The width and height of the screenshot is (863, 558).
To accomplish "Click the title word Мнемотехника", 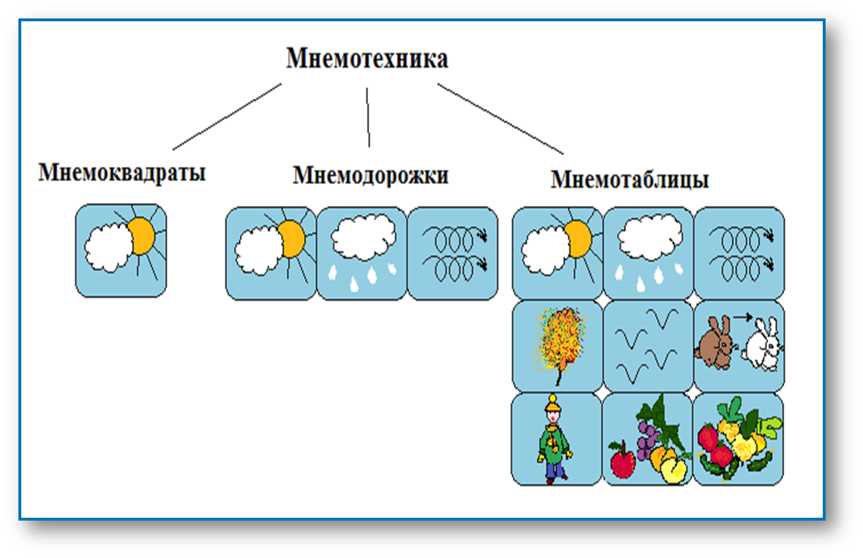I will pyautogui.click(x=367, y=59).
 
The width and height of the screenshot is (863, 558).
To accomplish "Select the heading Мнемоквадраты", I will pyautogui.click(x=122, y=172).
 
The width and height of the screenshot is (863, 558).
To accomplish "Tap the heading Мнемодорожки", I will pyautogui.click(x=370, y=175).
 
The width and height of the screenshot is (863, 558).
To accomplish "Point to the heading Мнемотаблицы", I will pyautogui.click(x=630, y=179).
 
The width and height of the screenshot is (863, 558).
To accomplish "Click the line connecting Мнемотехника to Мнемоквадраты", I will pyautogui.click(x=227, y=117).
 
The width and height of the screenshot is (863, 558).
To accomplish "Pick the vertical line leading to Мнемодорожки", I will pyautogui.click(x=368, y=117).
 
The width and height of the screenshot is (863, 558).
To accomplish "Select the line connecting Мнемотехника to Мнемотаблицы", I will pyautogui.click(x=500, y=119).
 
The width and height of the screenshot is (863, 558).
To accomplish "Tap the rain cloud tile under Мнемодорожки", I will pyautogui.click(x=362, y=253).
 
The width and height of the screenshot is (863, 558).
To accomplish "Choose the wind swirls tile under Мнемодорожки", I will pyautogui.click(x=453, y=253).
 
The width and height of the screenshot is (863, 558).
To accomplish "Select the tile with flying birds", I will pyautogui.click(x=647, y=345).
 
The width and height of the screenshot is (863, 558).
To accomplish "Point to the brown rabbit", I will pyautogui.click(x=715, y=343).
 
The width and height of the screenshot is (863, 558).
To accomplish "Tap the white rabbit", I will pyautogui.click(x=762, y=346).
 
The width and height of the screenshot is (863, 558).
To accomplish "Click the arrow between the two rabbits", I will pyautogui.click(x=742, y=316).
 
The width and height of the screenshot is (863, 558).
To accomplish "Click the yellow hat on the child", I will pyautogui.click(x=553, y=404).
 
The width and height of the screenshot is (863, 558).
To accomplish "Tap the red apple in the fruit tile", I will pyautogui.click(x=622, y=463).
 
